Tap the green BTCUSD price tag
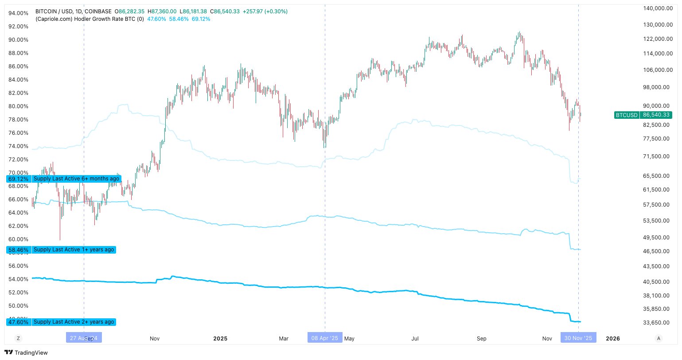coord(643,115)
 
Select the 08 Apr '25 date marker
coord(324,338)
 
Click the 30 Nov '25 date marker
coord(578,338)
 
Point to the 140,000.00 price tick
coord(658,8)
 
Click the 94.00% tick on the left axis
coord(19,13)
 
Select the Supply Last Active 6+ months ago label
coord(76,179)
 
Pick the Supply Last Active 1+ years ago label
coord(74,250)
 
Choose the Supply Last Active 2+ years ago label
coord(74,322)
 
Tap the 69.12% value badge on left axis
coord(19,179)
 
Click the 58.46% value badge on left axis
coord(19,250)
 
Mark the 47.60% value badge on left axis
coord(19,322)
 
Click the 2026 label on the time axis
coord(613,338)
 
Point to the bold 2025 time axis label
coord(220,338)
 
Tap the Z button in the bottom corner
coord(18,338)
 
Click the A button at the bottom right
coord(659,338)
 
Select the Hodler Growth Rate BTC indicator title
coord(90,19)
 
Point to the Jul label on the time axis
coord(415,338)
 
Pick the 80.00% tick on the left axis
coord(19,106)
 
